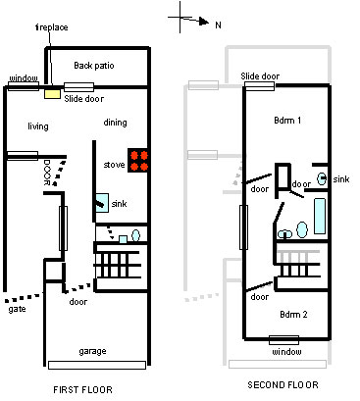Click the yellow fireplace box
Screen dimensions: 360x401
pos(52,94)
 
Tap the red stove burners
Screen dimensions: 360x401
pos(138,161)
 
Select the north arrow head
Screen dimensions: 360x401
pos(204,22)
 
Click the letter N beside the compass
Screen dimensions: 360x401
pos(219,25)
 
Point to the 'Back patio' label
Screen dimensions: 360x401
pos(94,66)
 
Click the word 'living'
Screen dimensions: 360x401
pos(38,126)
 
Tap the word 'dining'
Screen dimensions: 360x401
pos(115,123)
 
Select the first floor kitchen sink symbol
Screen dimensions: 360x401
pos(102,203)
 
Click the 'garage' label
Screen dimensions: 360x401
pos(92,351)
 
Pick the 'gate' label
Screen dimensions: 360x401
pos(17,309)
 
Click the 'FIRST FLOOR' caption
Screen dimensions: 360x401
pos(82,389)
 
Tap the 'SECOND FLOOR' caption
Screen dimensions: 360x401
pos(283,384)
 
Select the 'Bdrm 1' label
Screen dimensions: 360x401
pos(287,121)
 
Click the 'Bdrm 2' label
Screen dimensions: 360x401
pos(293,315)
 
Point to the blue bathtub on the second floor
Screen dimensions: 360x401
pos(320,216)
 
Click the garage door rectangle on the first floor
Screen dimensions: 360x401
pos(97,365)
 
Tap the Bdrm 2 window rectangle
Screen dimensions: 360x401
pos(283,340)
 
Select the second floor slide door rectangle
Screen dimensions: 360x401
pos(260,86)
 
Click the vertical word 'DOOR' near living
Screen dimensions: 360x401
pos(46,173)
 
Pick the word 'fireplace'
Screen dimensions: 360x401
pos(52,27)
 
